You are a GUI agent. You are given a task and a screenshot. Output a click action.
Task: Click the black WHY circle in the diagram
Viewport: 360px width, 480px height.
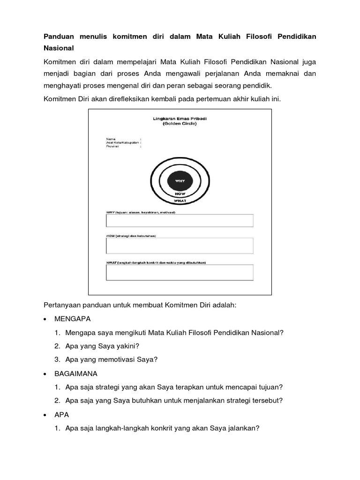[180, 180]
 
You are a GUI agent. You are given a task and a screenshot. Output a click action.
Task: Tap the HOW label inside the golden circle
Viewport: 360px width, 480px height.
[180, 193]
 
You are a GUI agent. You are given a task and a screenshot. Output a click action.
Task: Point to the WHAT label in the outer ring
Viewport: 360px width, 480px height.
[180, 201]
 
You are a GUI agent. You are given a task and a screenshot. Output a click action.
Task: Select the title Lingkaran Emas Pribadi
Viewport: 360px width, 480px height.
[180, 119]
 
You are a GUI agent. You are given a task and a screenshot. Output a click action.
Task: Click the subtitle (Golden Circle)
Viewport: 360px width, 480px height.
[180, 124]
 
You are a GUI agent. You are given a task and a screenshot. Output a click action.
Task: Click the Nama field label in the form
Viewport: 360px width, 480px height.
[111, 139]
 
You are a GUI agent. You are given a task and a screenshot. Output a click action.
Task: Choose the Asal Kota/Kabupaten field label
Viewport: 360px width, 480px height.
[122, 142]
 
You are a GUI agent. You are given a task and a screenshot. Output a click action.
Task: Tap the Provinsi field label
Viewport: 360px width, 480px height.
[112, 146]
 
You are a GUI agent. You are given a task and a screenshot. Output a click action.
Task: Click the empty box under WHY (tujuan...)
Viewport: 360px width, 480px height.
[180, 220]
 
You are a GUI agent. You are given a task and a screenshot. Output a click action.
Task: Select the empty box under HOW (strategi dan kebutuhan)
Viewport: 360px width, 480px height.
[180, 246]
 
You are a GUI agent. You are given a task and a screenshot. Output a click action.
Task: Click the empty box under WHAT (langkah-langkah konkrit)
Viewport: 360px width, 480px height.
[180, 272]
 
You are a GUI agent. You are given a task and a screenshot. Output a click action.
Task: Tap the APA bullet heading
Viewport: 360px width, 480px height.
[62, 415]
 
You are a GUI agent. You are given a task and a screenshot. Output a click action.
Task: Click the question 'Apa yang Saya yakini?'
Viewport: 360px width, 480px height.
[102, 346]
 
